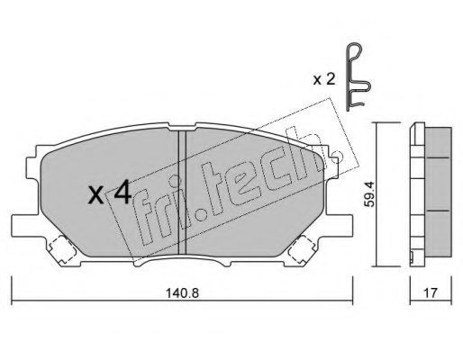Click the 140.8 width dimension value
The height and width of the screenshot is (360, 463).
pos(182,292)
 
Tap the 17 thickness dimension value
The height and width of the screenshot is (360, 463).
pos(431,292)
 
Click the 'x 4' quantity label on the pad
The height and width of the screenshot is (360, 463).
pos(110,193)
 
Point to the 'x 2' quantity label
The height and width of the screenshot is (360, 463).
pos(324,79)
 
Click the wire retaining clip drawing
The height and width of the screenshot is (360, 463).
pos(358,78)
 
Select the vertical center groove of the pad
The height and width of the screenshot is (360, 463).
pos(182,193)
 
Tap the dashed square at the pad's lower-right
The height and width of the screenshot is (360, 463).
pos(302,249)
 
